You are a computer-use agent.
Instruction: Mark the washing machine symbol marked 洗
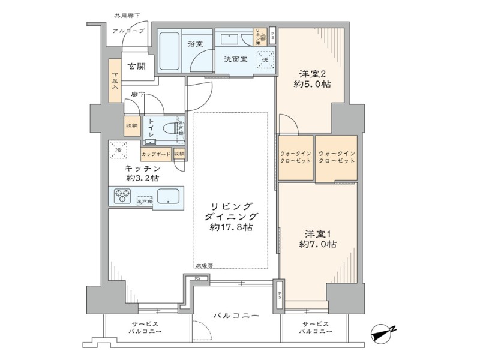pos(265,59)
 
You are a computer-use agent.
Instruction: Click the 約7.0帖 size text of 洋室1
pos(317,244)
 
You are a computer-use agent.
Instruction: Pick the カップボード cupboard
pos(156,154)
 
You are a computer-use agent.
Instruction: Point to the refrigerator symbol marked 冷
pos(118,150)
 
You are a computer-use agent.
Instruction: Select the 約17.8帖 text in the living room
pos(231,228)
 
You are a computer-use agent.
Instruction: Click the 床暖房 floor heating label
pos(204,265)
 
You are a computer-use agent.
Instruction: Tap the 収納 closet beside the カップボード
pos(179,154)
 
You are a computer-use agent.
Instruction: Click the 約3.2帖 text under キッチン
pos(142,178)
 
